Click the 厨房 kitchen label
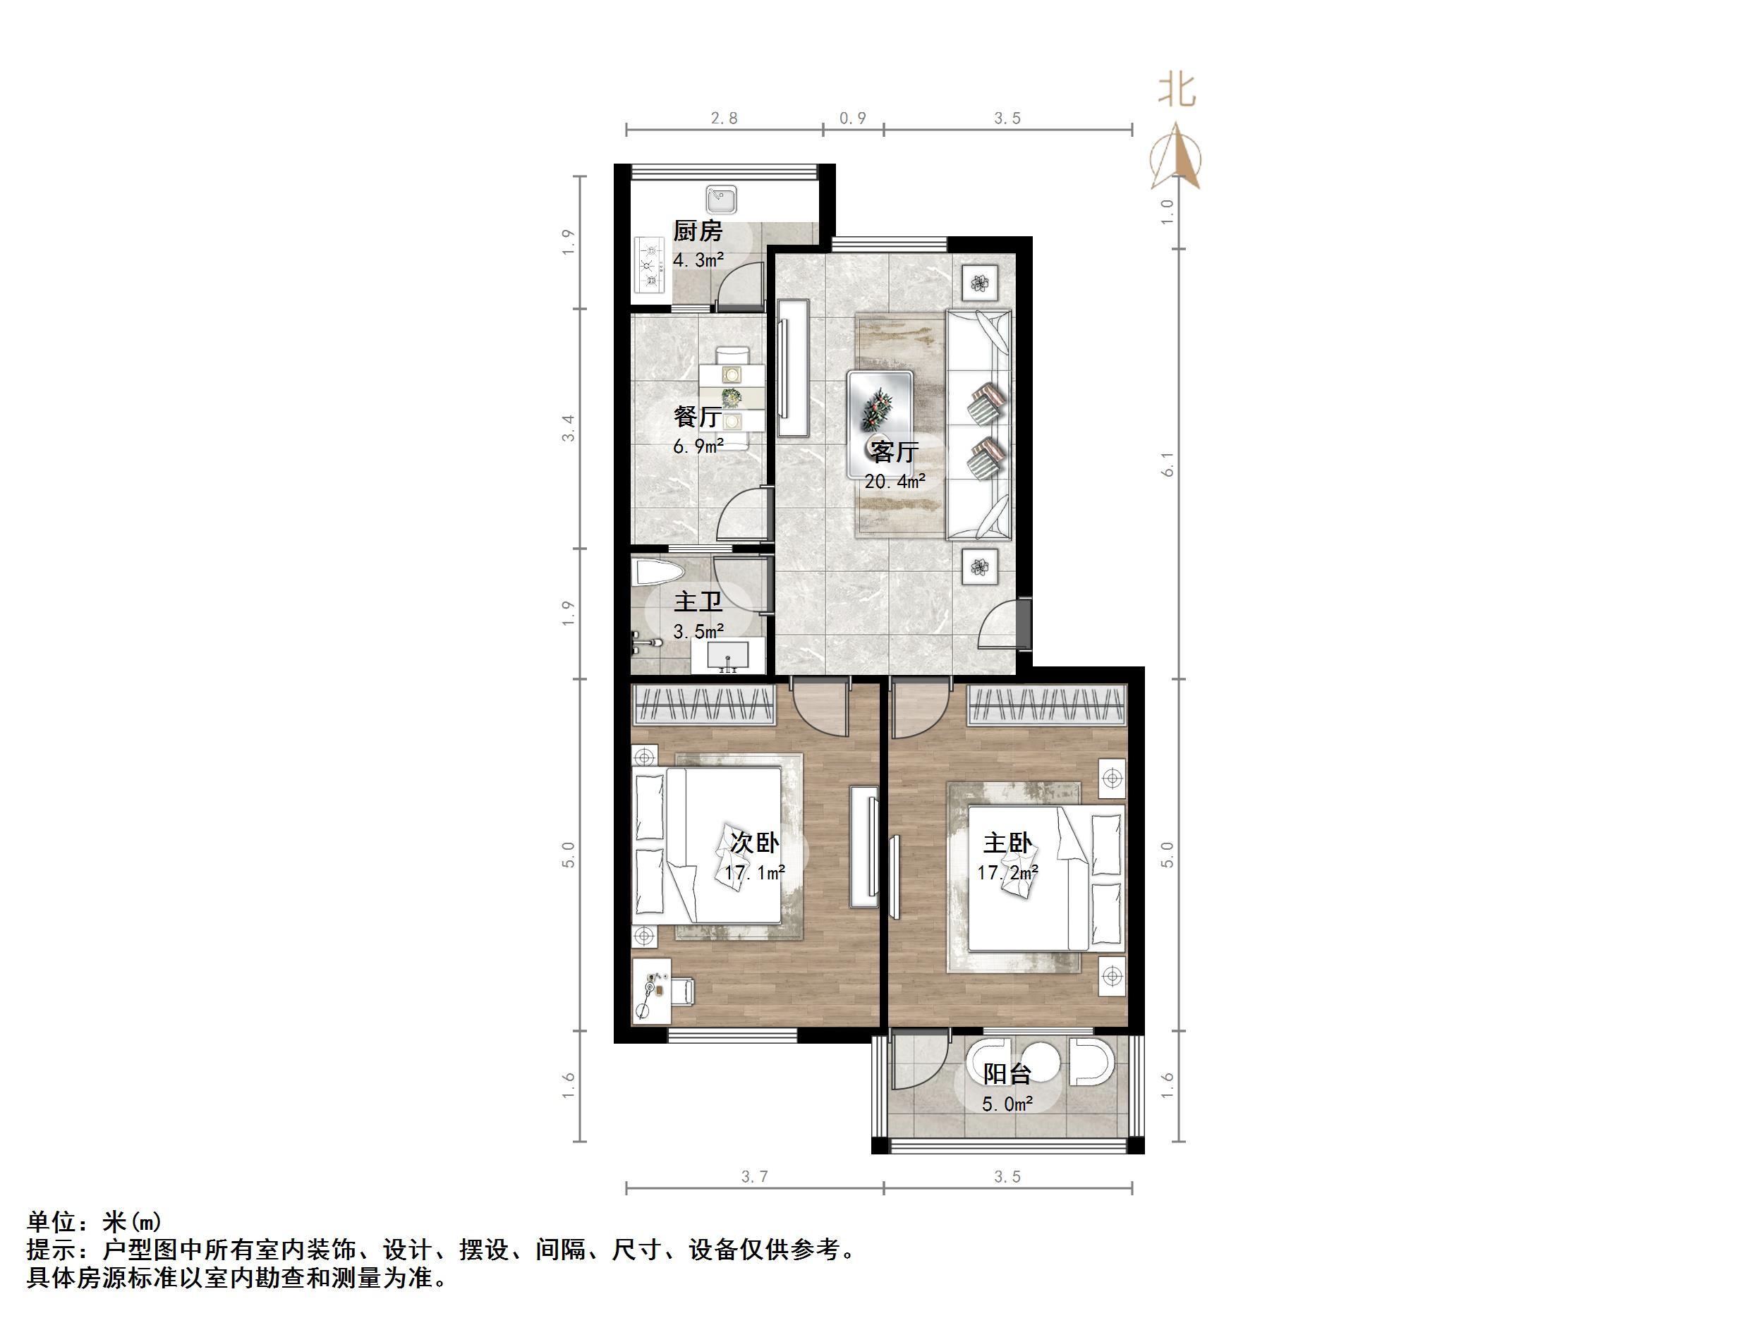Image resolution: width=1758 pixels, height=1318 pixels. pos(698,231)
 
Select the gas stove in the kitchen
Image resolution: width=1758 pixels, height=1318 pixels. pos(651,265)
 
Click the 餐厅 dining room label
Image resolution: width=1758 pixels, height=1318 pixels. pos(698,416)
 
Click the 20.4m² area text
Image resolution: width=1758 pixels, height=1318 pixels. pos(895,482)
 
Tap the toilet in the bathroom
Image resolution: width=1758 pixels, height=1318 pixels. pos(657,573)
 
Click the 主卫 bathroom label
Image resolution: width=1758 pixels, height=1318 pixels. pos(698,602)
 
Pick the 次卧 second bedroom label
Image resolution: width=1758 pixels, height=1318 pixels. pos(754,843)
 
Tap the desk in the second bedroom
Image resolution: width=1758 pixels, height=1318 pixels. pos(652,991)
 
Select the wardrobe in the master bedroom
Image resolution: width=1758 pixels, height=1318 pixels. pos(1047,704)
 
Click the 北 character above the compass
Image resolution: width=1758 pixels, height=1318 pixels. pos(1176,90)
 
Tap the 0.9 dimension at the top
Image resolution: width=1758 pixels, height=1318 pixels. pos(853,118)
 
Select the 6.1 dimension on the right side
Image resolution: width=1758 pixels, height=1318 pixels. pos(1167,464)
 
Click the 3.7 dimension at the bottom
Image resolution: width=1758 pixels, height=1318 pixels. pos(754,1176)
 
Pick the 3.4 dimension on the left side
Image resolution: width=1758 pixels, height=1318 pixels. pos(567,429)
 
